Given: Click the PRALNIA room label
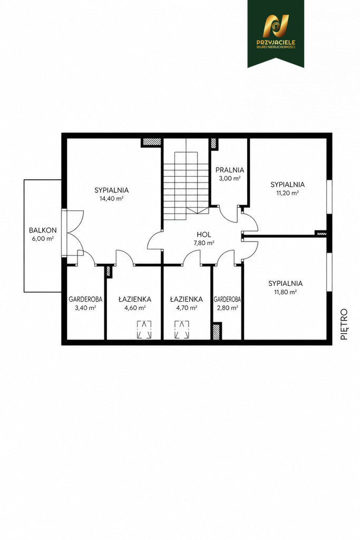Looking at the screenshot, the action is click(230, 170).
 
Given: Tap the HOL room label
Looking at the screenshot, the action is click(204, 235).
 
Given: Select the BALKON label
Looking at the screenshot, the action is click(43, 230).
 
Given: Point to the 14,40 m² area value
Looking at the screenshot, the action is click(112, 198).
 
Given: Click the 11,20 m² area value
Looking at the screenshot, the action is click(287, 193).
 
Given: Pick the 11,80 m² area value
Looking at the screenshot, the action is click(286, 292).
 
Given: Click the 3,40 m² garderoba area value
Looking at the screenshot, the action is click(85, 308).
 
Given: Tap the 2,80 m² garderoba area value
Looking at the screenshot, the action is click(227, 308).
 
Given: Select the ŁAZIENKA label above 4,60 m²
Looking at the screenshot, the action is click(134, 300).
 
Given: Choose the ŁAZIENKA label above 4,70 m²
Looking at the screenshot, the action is click(186, 300).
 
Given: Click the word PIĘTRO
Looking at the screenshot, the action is click(344, 324).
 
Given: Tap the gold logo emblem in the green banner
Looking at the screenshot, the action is click(276, 26).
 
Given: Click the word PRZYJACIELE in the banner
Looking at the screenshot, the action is click(276, 43).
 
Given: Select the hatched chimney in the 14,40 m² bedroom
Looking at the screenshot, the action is click(152, 142).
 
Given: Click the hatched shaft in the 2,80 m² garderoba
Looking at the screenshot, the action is click(217, 331).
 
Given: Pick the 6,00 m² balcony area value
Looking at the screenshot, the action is click(43, 239).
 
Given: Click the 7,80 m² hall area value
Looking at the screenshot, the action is click(204, 243).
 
